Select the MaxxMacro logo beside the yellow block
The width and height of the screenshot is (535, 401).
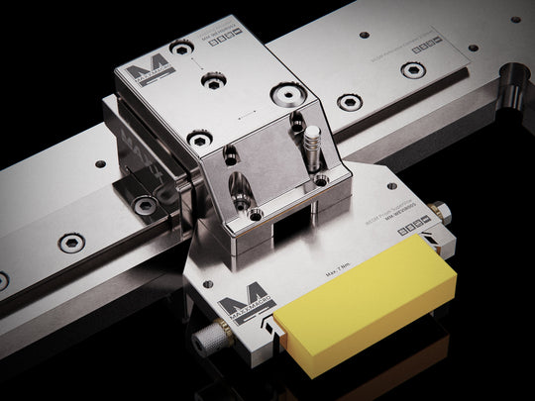pos(238,311)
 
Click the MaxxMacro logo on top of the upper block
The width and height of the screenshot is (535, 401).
pos(157,78)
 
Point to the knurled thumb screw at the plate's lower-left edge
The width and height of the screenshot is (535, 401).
pos(210,340)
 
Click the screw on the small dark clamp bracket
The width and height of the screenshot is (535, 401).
pos(146,205)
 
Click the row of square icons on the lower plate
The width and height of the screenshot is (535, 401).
pos(410,231)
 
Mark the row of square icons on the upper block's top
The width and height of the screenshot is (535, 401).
pos(225,39)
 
